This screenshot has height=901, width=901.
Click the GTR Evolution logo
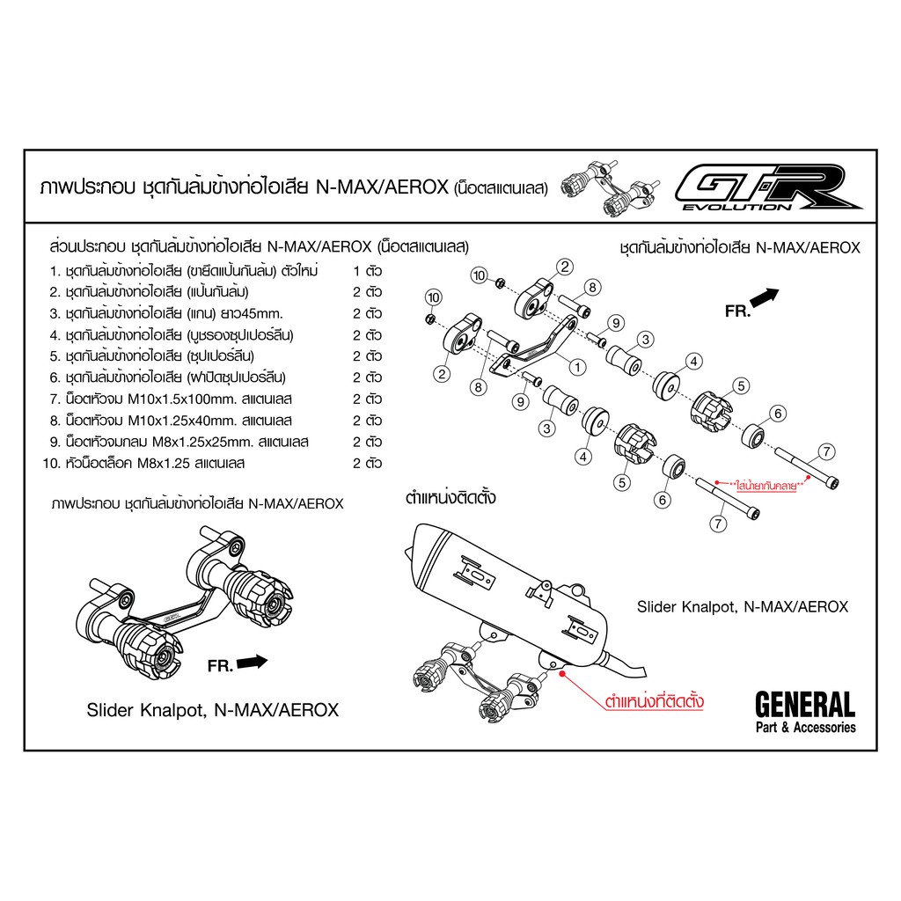point(767,187)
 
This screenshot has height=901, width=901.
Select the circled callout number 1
point(577,367)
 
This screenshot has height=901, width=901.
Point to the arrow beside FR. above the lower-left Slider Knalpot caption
point(252,662)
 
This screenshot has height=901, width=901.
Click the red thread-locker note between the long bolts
point(765,486)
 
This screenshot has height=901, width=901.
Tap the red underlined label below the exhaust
point(654,701)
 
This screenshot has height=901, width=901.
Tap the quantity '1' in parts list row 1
point(356,271)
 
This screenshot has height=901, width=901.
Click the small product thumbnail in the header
point(611,188)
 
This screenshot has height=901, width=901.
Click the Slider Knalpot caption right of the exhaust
point(743,607)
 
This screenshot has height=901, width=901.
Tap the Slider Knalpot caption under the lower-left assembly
point(213,710)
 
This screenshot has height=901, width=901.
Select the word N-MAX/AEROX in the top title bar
point(382,187)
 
